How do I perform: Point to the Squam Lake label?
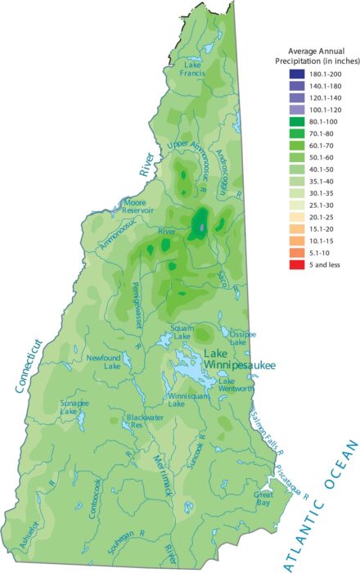(x=182, y=332)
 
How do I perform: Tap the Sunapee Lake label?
(x=76, y=408)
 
